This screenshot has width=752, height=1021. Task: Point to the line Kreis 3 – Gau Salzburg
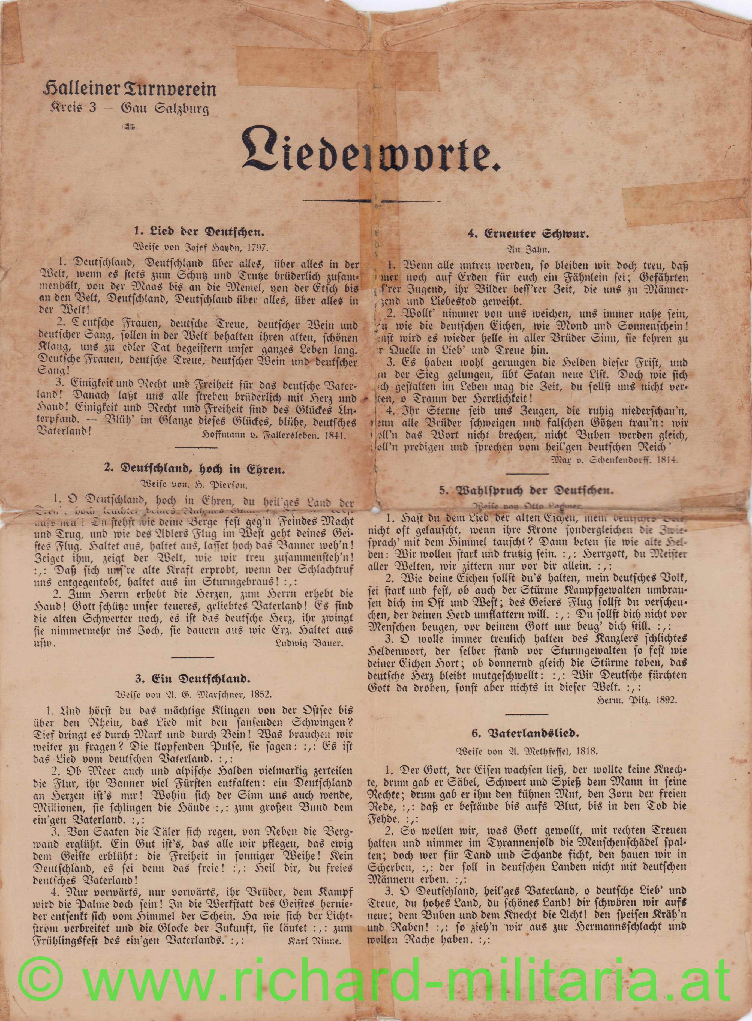coord(130,109)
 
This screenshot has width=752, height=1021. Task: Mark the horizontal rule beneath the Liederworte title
coord(371,201)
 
